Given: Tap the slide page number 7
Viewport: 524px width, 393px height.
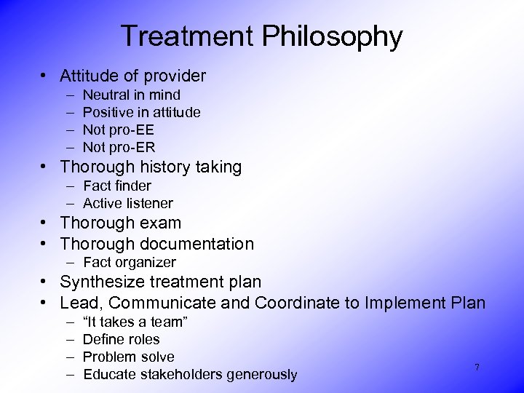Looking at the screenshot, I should [477, 368].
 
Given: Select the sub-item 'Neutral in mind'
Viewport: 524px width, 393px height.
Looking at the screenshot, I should [132, 95].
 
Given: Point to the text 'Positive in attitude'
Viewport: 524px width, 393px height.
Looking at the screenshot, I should [142, 112].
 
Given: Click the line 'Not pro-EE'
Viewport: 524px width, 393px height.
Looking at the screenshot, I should [119, 130].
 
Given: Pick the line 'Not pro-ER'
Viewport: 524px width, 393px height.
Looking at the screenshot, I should [119, 147].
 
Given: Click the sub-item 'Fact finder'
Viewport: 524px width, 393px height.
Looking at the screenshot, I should [117, 186].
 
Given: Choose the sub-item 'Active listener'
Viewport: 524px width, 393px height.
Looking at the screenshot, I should [128, 203].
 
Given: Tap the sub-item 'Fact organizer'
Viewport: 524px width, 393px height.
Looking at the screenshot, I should [130, 262].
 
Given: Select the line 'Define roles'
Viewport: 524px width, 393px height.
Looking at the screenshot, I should [122, 339].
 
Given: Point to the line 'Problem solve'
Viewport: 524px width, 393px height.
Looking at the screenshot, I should [129, 357].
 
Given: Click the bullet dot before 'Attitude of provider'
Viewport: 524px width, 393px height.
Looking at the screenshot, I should [45, 76].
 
